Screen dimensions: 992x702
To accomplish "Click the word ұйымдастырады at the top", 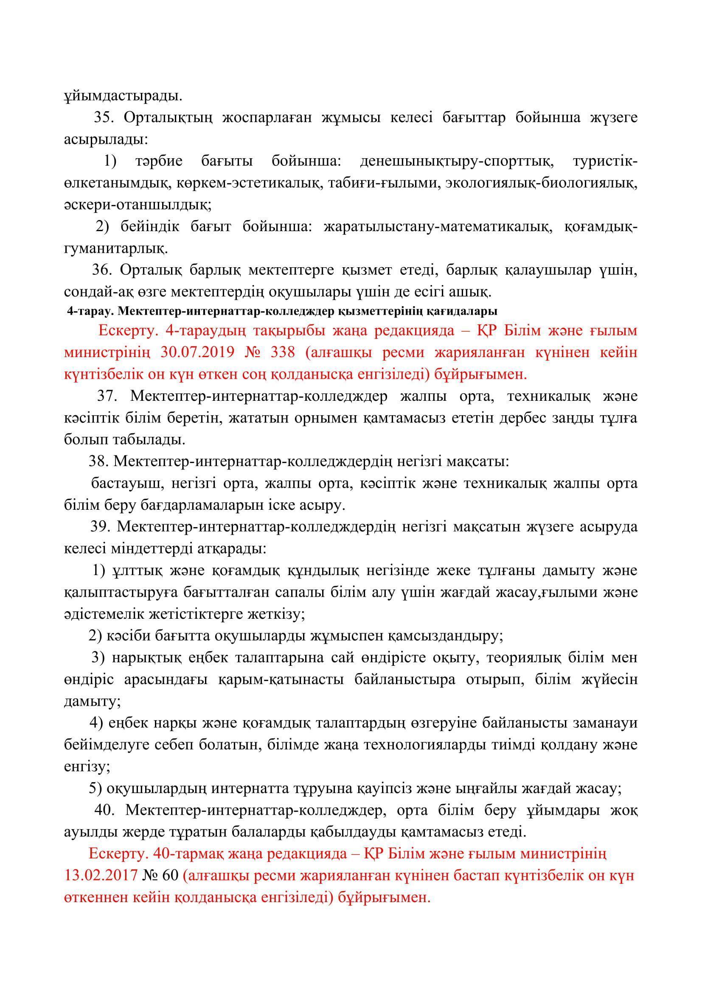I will point(123,96).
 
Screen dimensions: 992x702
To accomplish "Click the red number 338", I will point(282,352).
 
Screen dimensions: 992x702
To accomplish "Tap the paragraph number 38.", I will point(98,462).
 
